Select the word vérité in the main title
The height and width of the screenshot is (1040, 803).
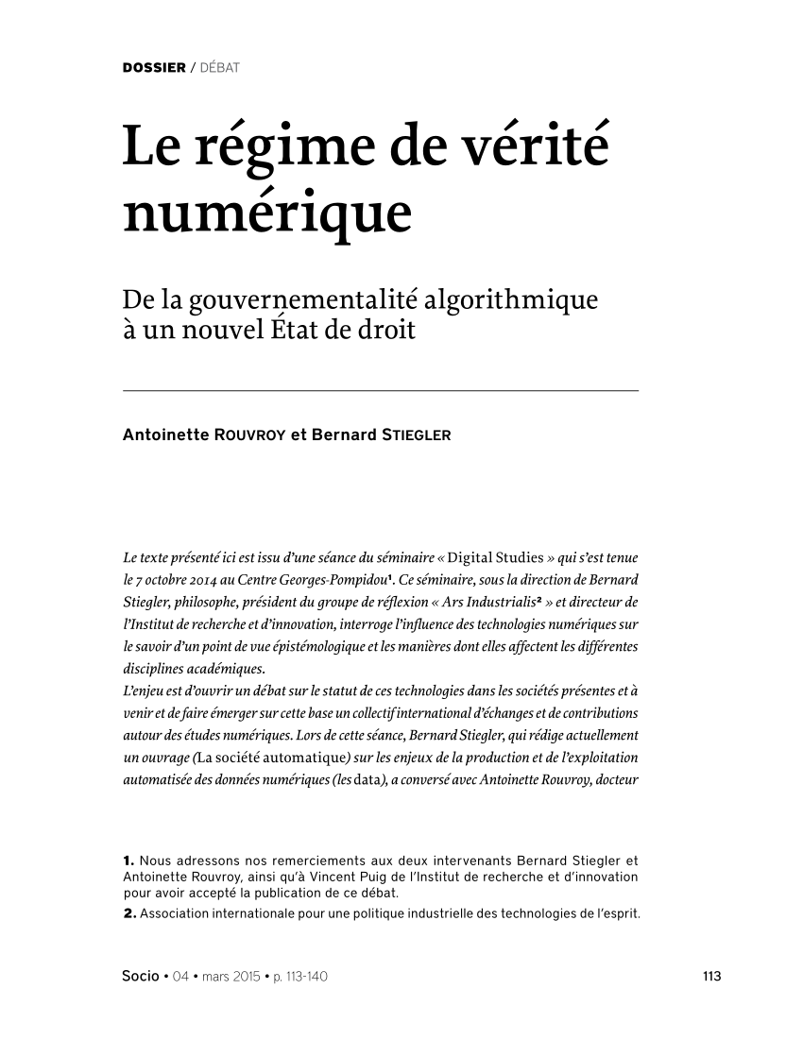pos(535,147)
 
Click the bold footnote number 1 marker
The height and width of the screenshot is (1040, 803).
pos(128,860)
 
